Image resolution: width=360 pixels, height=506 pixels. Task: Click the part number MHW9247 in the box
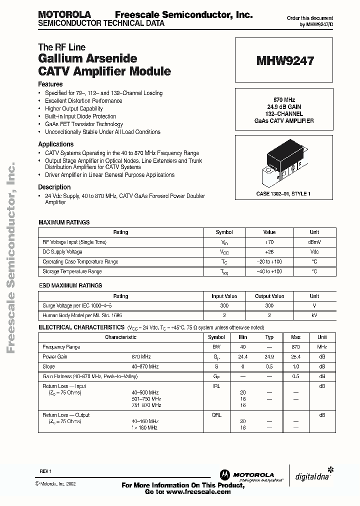pos(285,61)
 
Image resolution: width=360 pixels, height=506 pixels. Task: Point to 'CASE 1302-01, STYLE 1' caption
pos(283,193)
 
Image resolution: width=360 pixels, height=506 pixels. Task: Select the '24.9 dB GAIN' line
pos(283,107)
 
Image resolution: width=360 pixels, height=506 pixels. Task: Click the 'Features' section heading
pos(50,84)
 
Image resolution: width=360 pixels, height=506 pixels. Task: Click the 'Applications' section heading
pos(56,144)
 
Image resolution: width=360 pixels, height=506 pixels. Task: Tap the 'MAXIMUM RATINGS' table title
pos(64,222)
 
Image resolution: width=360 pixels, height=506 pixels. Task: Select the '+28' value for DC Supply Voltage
pos(269,252)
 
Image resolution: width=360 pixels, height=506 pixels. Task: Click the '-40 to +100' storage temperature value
pos(269,271)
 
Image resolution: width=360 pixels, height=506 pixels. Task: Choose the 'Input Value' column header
pos(224,296)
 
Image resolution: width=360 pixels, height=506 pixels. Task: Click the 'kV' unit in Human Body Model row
pos(314,316)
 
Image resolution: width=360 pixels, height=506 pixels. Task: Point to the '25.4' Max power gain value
pos(295,357)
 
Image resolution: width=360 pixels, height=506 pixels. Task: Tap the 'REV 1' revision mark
pos(45,471)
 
